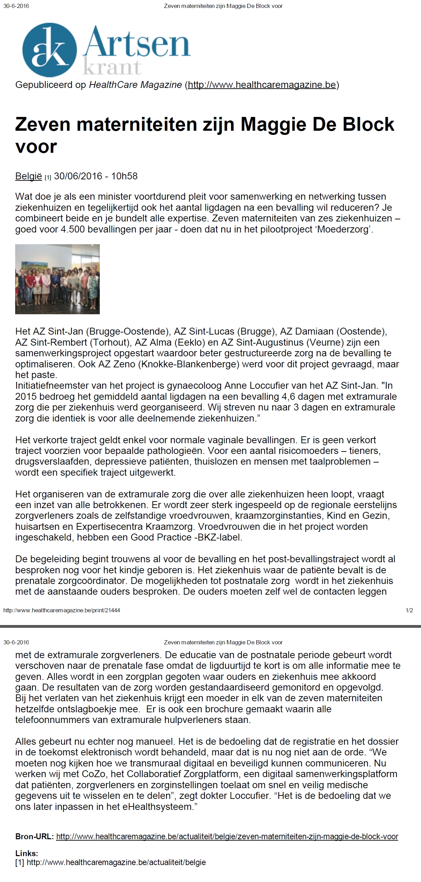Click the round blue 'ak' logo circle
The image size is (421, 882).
tap(49, 50)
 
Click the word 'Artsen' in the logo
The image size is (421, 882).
tap(137, 43)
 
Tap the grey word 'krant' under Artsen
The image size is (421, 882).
tap(112, 67)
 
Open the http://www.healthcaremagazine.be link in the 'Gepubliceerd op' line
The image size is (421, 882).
tap(262, 85)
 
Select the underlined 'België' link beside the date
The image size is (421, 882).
tap(28, 176)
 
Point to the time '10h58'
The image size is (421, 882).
tap(124, 176)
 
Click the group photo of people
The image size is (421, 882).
tap(57, 279)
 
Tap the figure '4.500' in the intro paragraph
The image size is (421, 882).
tap(73, 229)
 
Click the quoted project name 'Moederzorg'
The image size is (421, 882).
tap(344, 229)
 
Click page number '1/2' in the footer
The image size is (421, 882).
tap(409, 610)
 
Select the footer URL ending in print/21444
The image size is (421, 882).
tap(61, 610)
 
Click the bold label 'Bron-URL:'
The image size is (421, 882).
tap(34, 836)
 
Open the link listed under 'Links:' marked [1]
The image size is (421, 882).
tap(116, 862)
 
